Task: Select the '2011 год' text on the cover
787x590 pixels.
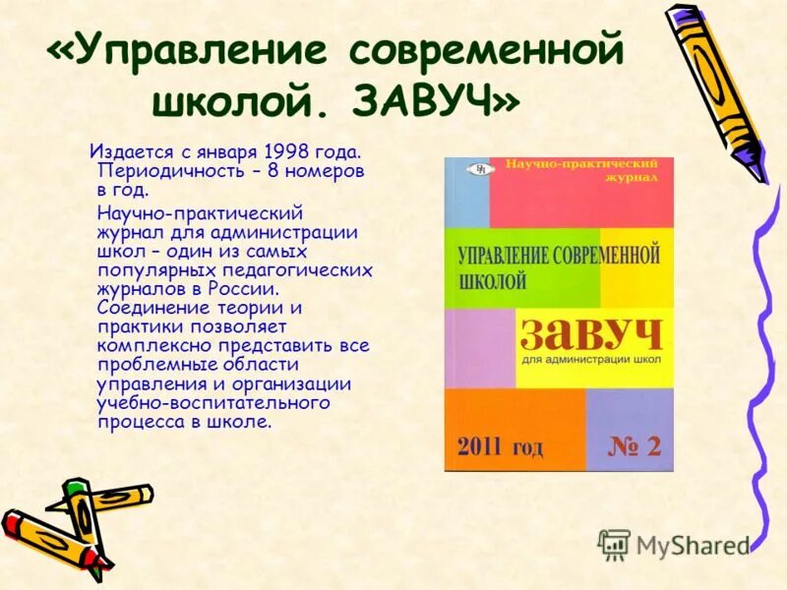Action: click(x=499, y=447)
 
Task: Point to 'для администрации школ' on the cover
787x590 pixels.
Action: click(x=588, y=362)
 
